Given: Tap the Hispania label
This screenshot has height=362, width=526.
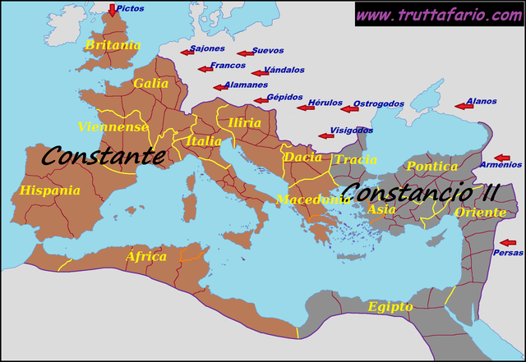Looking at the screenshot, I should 50,190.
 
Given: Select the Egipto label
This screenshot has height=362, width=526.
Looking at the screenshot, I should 390,307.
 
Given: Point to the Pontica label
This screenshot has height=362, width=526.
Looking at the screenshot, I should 432,167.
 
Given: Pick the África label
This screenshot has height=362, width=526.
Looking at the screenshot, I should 146,257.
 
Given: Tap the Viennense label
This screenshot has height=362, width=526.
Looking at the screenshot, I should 113,127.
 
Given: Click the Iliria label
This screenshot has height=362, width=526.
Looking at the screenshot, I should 245,123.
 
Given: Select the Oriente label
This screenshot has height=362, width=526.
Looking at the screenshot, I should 480,213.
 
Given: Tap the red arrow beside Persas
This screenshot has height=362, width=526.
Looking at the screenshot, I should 509,243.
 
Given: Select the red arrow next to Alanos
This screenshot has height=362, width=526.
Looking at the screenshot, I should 464,106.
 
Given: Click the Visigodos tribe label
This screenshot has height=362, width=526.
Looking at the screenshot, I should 351,131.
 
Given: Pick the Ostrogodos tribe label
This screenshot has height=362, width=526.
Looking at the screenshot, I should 378,104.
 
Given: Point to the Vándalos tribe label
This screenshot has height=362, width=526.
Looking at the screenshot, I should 284,71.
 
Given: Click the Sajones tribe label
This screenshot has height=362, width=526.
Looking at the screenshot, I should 207,48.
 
